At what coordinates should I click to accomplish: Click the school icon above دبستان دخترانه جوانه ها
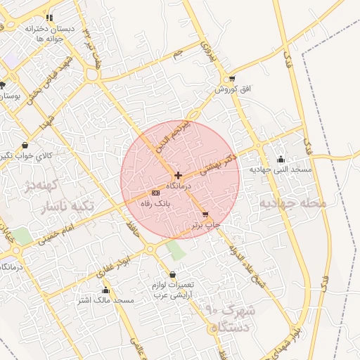(49, 18)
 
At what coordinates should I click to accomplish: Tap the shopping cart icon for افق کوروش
(232, 79)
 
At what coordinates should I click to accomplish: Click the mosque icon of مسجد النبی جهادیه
(281, 159)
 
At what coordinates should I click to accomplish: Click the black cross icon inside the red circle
(179, 175)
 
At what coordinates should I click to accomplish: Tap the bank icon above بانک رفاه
(155, 192)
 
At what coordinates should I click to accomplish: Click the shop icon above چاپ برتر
(205, 214)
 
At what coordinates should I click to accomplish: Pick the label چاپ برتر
(206, 225)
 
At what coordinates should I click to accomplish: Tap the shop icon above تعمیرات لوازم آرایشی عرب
(173, 274)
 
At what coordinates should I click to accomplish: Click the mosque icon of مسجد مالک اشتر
(105, 290)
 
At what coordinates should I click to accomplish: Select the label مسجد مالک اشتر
(106, 300)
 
